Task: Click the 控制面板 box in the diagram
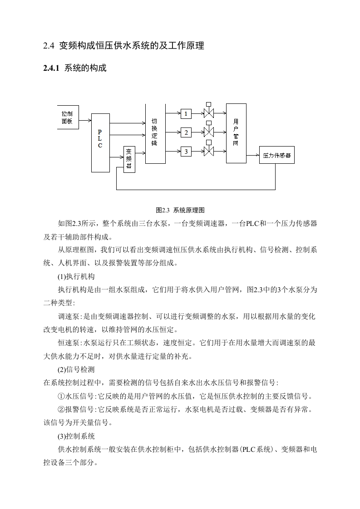click(68, 117)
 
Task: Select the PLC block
click(100, 143)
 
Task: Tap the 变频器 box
click(129, 159)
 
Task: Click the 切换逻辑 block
click(155, 134)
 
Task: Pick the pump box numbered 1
click(186, 113)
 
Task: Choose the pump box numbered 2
click(186, 132)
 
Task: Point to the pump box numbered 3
click(186, 151)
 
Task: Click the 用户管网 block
click(236, 133)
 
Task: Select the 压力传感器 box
click(277, 155)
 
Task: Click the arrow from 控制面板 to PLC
click(85, 121)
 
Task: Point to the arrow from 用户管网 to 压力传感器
click(253, 155)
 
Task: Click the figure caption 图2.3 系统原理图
click(180, 210)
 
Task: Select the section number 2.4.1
click(51, 68)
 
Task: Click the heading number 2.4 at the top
click(49, 46)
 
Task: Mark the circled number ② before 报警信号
click(61, 410)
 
